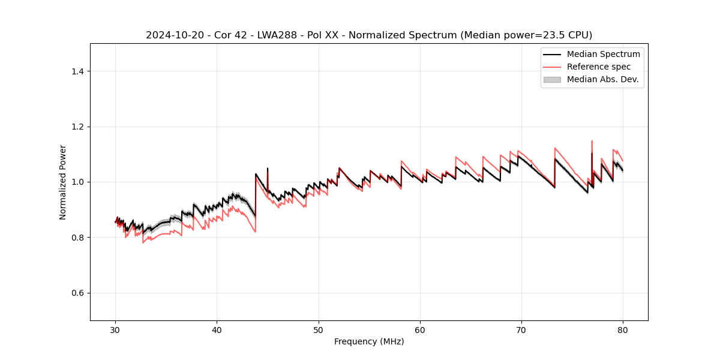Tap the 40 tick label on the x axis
(217, 330)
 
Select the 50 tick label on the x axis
(319, 330)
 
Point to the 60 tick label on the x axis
(420, 330)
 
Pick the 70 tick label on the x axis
(521, 330)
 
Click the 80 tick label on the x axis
(623, 330)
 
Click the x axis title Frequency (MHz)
(369, 342)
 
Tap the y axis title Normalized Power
(63, 182)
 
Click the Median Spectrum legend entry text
(603, 54)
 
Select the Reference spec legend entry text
(602, 67)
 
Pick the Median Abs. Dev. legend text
(603, 79)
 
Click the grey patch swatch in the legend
(552, 79)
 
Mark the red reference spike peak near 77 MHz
(592, 142)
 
